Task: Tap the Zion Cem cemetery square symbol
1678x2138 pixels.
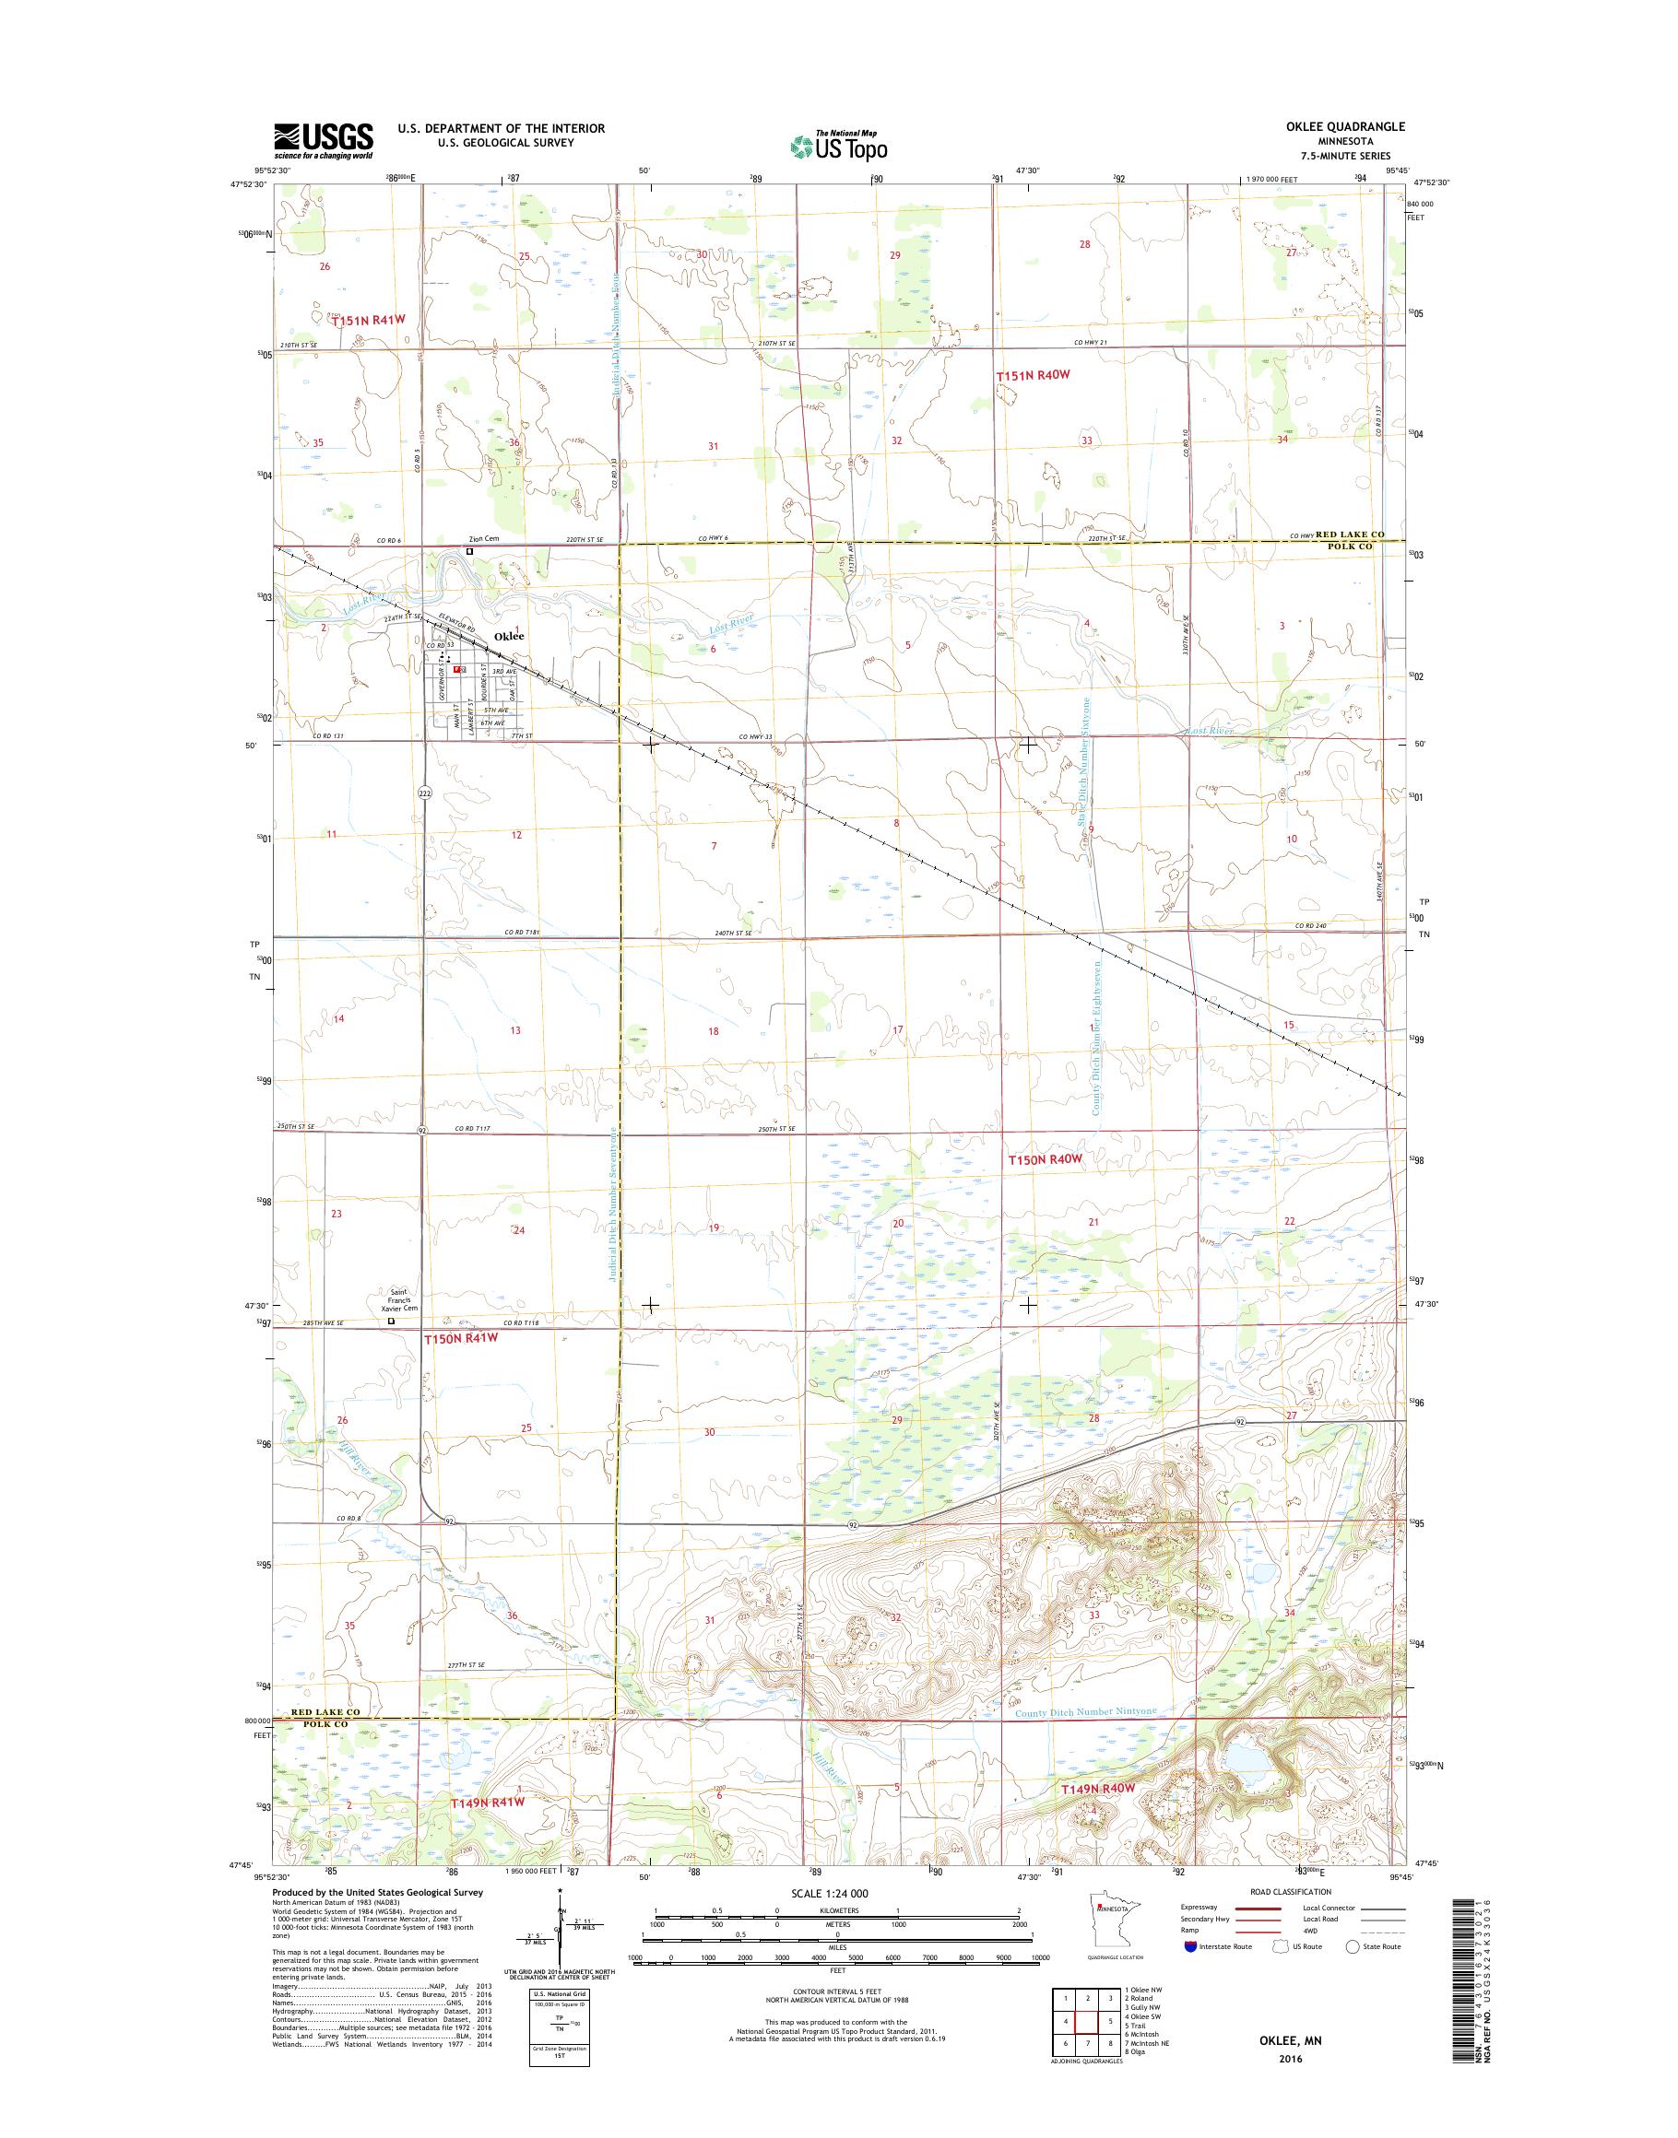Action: tap(469, 552)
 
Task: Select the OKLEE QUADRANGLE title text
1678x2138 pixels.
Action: tap(1351, 126)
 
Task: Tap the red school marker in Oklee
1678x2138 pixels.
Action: tap(458, 669)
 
